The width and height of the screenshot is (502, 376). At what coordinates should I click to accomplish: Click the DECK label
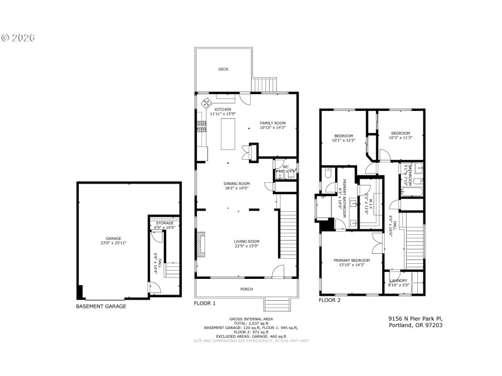[x=223, y=70]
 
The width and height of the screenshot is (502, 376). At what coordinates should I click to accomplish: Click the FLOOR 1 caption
[x=205, y=303]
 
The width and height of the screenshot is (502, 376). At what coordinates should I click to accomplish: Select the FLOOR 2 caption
[x=329, y=300]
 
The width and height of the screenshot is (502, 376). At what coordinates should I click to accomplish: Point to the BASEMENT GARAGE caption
[x=101, y=306]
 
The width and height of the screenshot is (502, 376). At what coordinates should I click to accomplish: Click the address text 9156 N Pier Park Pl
[x=415, y=318]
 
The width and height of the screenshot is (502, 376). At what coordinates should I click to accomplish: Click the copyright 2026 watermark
[x=18, y=38]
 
